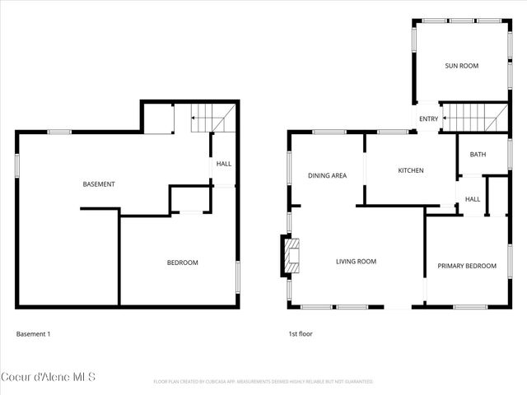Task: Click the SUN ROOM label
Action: click(461, 66)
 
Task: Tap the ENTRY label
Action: click(428, 119)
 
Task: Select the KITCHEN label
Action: click(411, 171)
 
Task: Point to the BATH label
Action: click(478, 155)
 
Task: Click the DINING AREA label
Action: click(327, 176)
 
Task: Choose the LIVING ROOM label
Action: click(356, 262)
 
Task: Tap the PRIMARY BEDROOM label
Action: click(467, 266)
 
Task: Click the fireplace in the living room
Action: click(290, 255)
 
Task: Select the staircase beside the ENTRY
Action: click(473, 118)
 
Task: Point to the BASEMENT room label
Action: click(99, 184)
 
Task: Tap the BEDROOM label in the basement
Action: click(182, 263)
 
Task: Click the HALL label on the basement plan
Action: click(224, 164)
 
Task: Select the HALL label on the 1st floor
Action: click(473, 199)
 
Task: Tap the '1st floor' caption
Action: click(300, 334)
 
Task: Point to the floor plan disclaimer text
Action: click(263, 382)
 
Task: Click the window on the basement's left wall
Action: click(17, 165)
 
